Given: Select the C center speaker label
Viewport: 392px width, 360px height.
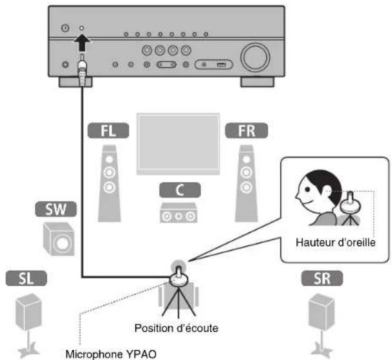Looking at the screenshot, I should (177, 191).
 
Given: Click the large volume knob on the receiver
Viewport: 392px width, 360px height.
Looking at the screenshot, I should (254, 56).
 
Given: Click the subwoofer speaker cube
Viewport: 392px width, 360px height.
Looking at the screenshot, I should (59, 238).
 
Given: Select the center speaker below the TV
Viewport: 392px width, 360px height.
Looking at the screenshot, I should (176, 213).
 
